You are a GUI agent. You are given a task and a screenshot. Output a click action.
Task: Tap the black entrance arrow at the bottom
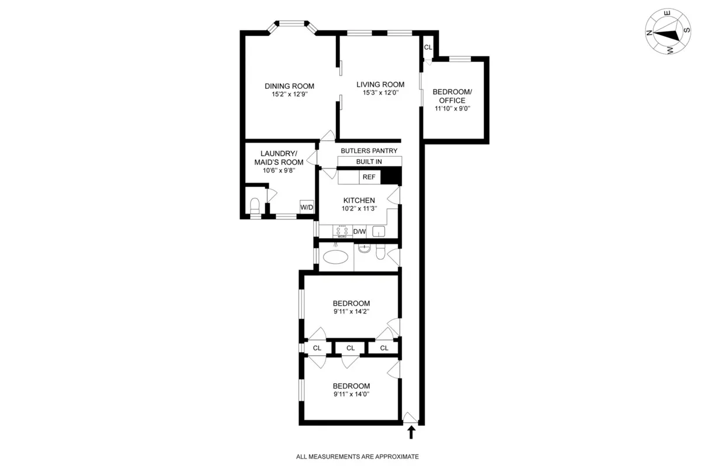pyautogui.click(x=411, y=432)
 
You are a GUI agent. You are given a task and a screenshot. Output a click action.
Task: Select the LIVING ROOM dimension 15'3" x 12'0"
pyautogui.click(x=381, y=92)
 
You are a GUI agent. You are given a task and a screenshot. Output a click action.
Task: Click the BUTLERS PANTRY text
pyautogui.click(x=369, y=150)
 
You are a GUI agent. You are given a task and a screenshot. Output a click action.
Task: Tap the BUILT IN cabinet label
pyautogui.click(x=369, y=161)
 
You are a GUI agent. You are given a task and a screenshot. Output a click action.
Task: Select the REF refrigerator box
pyautogui.click(x=369, y=177)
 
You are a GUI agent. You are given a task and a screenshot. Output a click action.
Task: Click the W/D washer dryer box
pyautogui.click(x=307, y=207)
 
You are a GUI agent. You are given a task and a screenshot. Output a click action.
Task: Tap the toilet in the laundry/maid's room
pyautogui.click(x=254, y=206)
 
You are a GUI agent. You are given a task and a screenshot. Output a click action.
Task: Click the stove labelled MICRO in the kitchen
pyautogui.click(x=343, y=231)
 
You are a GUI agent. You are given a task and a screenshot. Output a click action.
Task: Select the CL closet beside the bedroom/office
pyautogui.click(x=428, y=48)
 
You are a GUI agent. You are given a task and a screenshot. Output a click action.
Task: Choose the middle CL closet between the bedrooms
pyautogui.click(x=350, y=348)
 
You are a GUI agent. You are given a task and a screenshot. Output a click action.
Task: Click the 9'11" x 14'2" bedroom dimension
pyautogui.click(x=351, y=311)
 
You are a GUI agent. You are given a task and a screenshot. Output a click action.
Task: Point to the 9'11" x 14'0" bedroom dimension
pyautogui.click(x=351, y=394)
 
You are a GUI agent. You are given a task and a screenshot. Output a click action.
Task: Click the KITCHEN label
pyautogui.click(x=359, y=201)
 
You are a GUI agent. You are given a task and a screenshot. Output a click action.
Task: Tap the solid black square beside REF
pyautogui.click(x=392, y=176)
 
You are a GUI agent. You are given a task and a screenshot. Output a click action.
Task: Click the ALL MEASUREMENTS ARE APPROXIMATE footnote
pyautogui.click(x=358, y=456)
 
